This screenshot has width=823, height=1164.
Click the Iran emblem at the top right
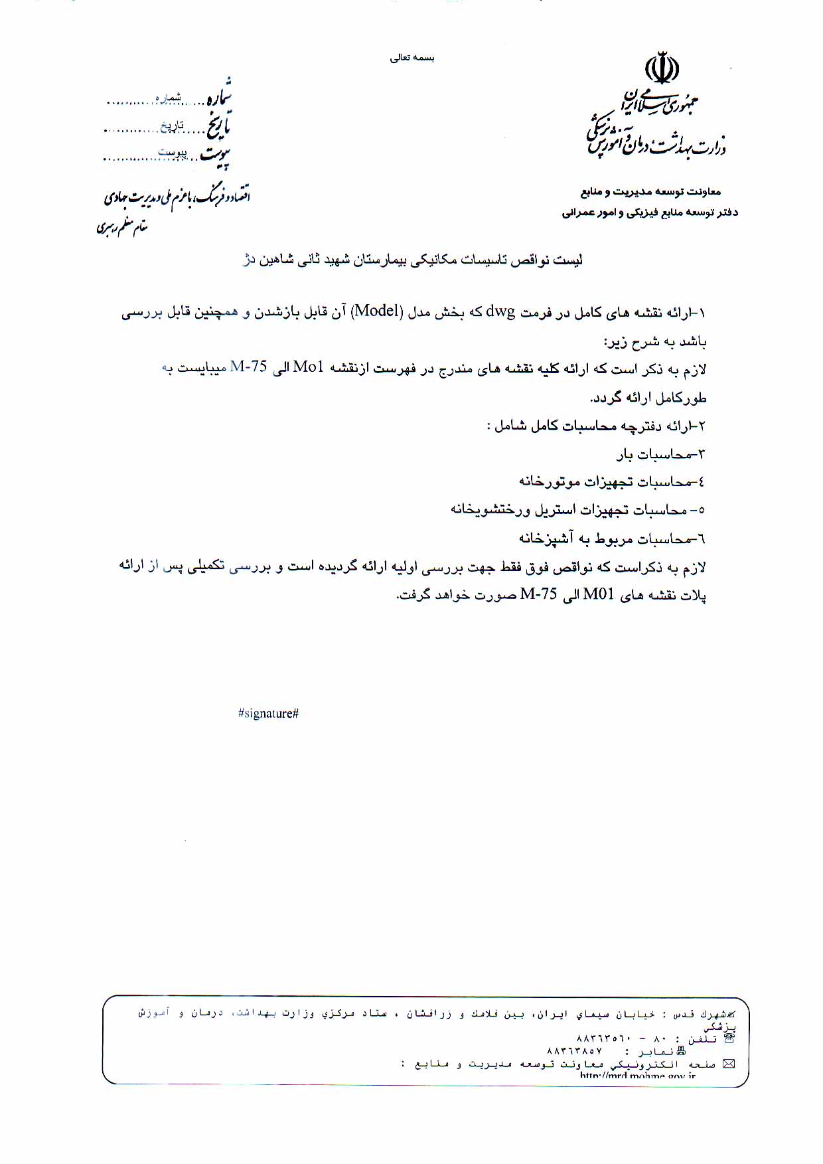coord(662,68)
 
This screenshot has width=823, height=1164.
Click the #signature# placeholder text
coord(268,714)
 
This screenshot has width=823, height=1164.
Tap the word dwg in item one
coord(500,311)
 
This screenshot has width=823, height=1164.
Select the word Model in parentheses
coord(376,311)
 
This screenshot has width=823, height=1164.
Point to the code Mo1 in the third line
coord(308,367)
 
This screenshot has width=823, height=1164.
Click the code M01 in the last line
coord(598,594)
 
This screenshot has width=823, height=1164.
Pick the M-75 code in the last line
coord(538,594)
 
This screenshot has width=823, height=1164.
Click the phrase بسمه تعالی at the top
coord(411,58)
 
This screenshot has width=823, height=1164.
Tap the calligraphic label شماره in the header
coord(218,95)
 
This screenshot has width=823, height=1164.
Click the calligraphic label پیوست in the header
coord(216,155)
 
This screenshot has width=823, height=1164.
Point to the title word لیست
coord(568,260)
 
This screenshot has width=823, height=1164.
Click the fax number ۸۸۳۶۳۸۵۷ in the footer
coord(574,1052)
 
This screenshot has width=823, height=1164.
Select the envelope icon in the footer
coord(729,1064)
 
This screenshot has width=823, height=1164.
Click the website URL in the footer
coord(637,1076)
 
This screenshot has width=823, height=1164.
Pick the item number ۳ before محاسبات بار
coord(702,454)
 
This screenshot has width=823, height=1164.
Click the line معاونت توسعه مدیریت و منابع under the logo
coord(650,192)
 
